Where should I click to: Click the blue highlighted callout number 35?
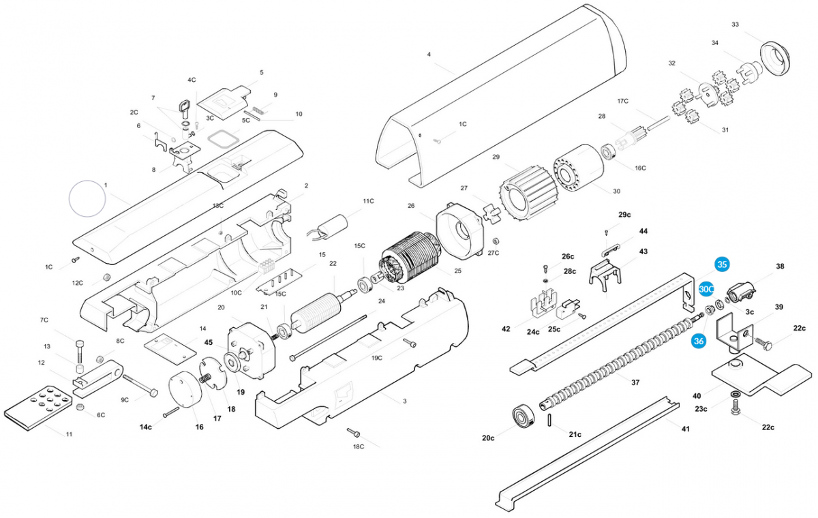point(722,265)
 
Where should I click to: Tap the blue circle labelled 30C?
point(706,289)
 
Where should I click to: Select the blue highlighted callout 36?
point(698,341)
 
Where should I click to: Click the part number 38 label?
point(780,266)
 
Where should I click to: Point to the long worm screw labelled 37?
point(613,361)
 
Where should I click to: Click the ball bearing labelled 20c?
point(526,416)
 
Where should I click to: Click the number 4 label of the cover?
point(429,54)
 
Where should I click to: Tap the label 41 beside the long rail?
point(686,429)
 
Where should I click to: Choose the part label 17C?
point(622,101)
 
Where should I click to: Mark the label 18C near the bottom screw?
point(359,446)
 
